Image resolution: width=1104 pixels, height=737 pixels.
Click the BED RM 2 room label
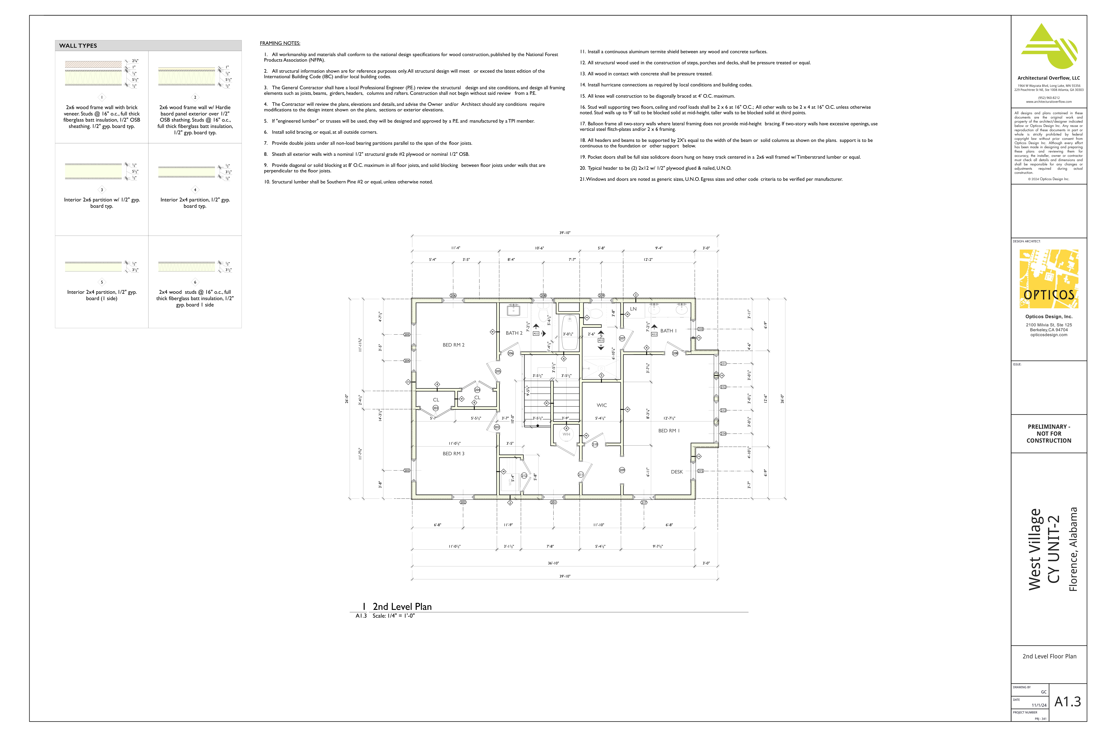[x=453, y=345]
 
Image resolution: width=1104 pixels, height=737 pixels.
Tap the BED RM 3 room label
[x=453, y=454]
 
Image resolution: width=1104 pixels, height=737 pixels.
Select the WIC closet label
[x=601, y=405]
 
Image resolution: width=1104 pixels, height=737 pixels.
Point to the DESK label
[x=677, y=472]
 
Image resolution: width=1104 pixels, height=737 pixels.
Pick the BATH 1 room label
[x=668, y=331]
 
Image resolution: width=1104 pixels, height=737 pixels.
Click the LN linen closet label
[x=633, y=309]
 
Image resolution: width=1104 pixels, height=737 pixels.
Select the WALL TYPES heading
[x=78, y=46]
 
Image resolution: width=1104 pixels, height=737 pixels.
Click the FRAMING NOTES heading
[x=280, y=43]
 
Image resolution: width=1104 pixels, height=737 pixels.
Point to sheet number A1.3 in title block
[x=1067, y=702]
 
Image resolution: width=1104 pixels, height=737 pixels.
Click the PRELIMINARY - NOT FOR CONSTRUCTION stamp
[x=1049, y=433]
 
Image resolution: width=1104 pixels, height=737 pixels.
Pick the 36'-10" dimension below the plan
[x=553, y=563]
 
